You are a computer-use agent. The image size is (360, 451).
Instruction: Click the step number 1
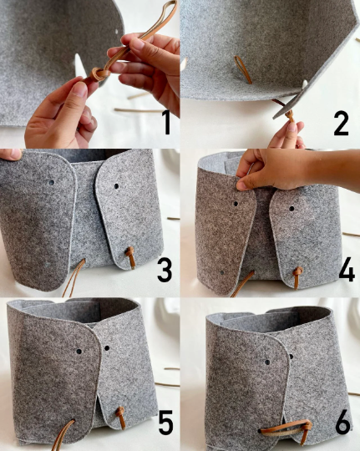[x=166, y=122]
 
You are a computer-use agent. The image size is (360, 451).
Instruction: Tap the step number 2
[x=342, y=124]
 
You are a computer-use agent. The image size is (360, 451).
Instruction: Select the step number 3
[x=165, y=270]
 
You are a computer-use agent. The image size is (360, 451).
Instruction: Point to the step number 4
[x=347, y=270]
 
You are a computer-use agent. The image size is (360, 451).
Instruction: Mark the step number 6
[x=343, y=423]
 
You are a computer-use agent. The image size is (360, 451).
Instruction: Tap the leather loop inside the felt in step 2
[x=243, y=69]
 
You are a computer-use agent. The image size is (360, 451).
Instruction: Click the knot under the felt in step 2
[x=289, y=115]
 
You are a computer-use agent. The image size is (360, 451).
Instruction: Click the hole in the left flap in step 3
[x=52, y=182]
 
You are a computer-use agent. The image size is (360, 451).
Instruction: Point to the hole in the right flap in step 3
[x=116, y=186]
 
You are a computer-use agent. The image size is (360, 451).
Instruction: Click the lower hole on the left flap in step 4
[x=222, y=272]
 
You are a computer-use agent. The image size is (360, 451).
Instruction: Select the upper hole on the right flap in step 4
[x=292, y=209]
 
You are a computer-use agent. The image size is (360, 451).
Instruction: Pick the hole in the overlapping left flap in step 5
[x=79, y=352]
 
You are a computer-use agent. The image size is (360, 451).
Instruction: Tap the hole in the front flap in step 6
[x=267, y=362]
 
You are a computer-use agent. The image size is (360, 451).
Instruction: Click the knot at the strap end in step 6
[x=307, y=426]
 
